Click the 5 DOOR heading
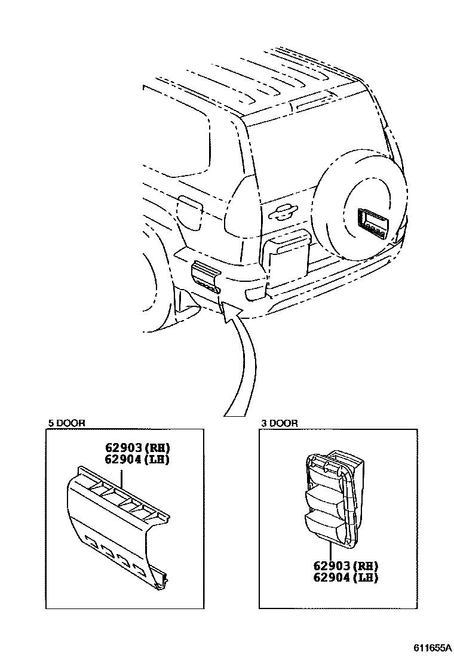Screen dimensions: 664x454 pyautogui.click(x=67, y=423)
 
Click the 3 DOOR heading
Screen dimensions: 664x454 pyautogui.click(x=280, y=423)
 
